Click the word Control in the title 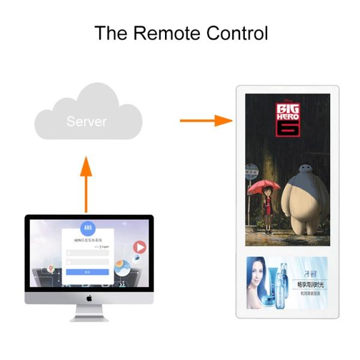235,33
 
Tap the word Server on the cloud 86,122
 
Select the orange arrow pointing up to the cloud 86,183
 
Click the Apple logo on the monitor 89,298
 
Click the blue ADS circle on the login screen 87,229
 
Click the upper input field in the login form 88,253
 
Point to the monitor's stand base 89,318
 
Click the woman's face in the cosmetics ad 259,274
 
